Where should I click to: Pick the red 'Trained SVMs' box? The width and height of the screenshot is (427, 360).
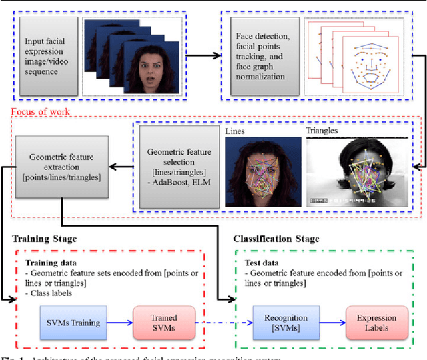point(163,323)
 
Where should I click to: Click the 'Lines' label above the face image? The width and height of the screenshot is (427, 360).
point(236,133)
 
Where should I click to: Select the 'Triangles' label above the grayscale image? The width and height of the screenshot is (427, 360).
point(324,131)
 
